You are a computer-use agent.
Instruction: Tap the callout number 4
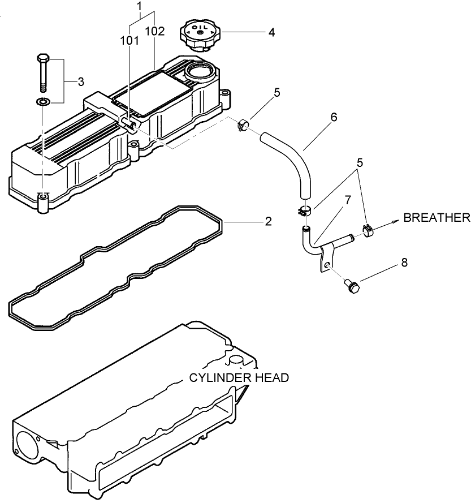(271, 32)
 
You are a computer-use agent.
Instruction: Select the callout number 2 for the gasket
(268, 221)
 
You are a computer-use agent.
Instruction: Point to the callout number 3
(81, 82)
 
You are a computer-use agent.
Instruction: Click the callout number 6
(334, 117)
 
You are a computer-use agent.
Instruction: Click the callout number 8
(404, 263)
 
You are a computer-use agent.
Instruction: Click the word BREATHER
(436, 218)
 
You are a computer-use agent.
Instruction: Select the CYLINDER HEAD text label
(239, 377)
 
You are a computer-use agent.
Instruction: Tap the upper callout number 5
(277, 93)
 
